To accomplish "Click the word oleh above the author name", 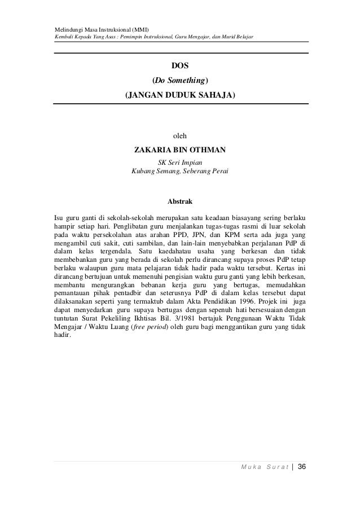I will [180, 136].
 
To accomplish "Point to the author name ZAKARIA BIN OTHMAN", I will [180, 150].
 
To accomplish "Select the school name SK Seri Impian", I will [180, 162].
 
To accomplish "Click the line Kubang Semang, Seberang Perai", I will [180, 171].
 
